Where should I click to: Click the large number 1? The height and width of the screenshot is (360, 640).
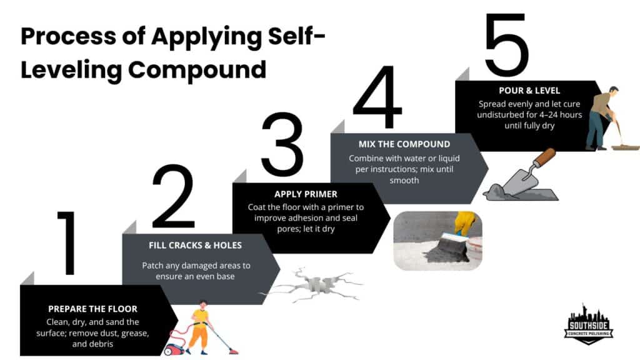coord(67,244)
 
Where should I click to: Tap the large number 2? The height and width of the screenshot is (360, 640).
coord(174,197)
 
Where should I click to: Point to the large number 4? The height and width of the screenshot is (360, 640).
coord(377,97)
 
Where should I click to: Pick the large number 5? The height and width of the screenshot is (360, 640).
coord(506,47)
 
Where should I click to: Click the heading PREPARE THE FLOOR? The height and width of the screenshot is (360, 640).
coord(93,309)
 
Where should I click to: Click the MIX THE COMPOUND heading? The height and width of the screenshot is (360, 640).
coord(404,144)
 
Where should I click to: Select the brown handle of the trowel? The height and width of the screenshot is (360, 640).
coord(544,157)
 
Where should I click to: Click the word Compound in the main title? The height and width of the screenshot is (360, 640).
coord(197,69)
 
